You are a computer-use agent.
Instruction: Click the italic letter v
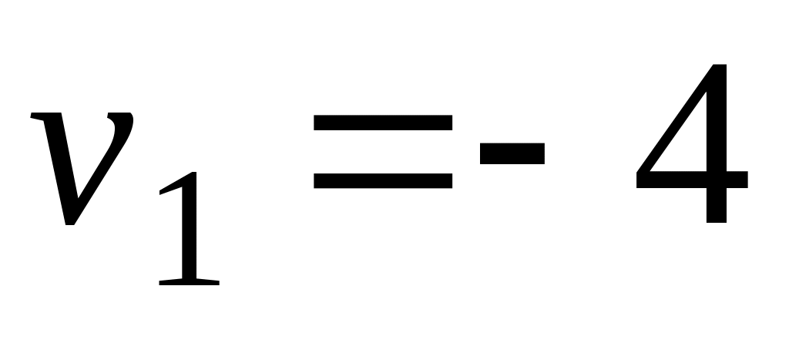click(x=81, y=166)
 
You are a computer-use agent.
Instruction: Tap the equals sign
click(x=383, y=152)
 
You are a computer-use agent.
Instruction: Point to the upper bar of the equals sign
click(x=383, y=123)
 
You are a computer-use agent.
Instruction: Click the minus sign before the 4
click(x=512, y=152)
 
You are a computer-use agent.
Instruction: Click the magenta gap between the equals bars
click(x=383, y=152)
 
